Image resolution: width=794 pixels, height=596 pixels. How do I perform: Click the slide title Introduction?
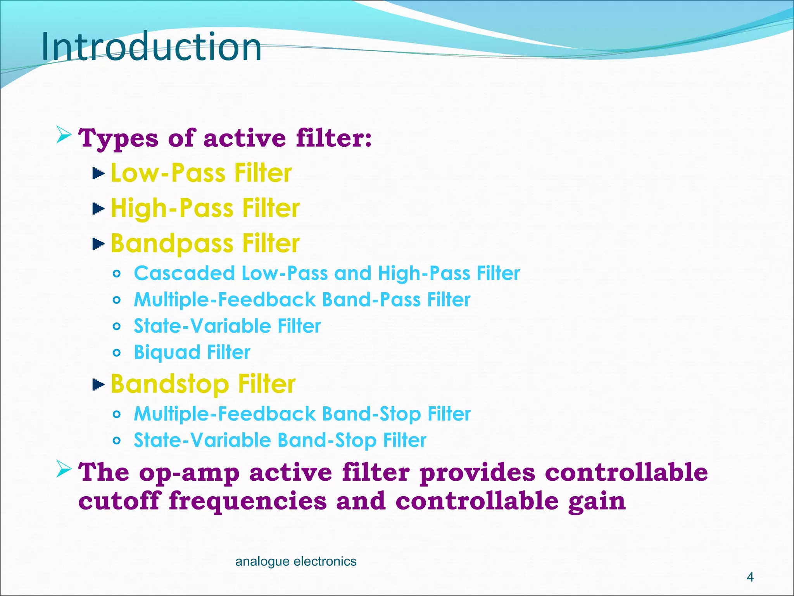click(151, 47)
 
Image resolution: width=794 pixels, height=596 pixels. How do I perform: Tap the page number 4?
click(750, 577)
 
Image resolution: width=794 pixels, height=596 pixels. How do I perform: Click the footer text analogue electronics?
click(295, 561)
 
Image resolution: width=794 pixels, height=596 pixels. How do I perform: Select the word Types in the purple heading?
click(118, 138)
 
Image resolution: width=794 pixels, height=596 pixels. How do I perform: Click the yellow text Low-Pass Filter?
click(201, 173)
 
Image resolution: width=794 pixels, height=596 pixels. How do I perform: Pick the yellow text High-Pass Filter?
click(205, 208)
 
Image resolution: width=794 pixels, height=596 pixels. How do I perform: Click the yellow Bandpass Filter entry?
click(205, 244)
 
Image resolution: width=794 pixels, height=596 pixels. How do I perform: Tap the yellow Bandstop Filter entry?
click(203, 384)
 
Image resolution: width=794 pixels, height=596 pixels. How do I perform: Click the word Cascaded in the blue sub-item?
click(184, 273)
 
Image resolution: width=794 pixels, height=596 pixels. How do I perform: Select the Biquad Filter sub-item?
click(192, 352)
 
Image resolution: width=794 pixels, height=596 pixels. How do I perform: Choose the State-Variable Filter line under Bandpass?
click(227, 326)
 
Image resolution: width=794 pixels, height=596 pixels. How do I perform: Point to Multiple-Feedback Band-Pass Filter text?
click(302, 300)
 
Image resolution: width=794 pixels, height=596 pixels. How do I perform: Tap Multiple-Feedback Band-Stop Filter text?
click(302, 414)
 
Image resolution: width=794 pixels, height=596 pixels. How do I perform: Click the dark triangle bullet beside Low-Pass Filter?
click(98, 173)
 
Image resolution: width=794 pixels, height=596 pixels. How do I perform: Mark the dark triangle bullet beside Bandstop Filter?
click(98, 385)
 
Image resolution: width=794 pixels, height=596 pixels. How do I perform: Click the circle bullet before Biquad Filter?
click(117, 353)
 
